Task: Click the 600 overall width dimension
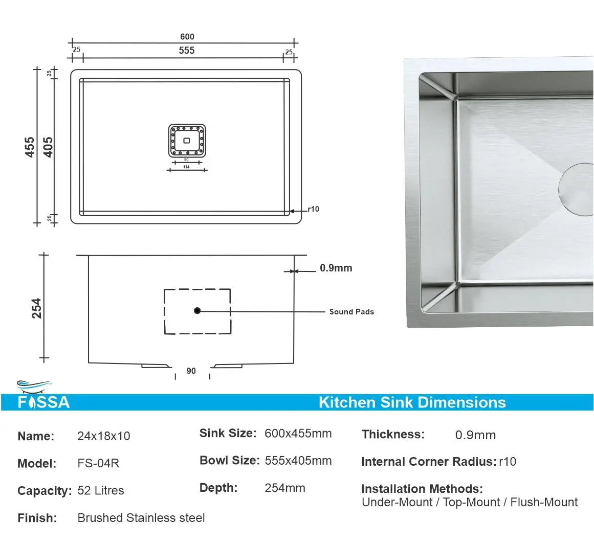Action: (187, 36)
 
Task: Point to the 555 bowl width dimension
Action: (187, 51)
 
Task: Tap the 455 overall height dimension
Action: (30, 147)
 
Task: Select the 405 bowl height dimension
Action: (48, 147)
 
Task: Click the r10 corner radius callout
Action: (313, 209)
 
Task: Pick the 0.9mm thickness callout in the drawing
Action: (336, 268)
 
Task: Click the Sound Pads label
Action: (351, 312)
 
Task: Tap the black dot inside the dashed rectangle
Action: (197, 311)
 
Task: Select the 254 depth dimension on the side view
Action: (36, 308)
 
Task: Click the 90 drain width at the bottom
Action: (191, 371)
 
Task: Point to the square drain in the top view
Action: (187, 141)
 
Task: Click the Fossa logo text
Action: (44, 402)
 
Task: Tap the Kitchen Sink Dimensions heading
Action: (412, 402)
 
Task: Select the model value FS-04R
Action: (99, 463)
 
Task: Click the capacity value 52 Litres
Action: (101, 490)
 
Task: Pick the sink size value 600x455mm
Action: (298, 433)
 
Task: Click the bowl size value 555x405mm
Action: (298, 461)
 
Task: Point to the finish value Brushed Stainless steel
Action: (141, 517)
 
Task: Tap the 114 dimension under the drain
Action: (186, 167)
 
